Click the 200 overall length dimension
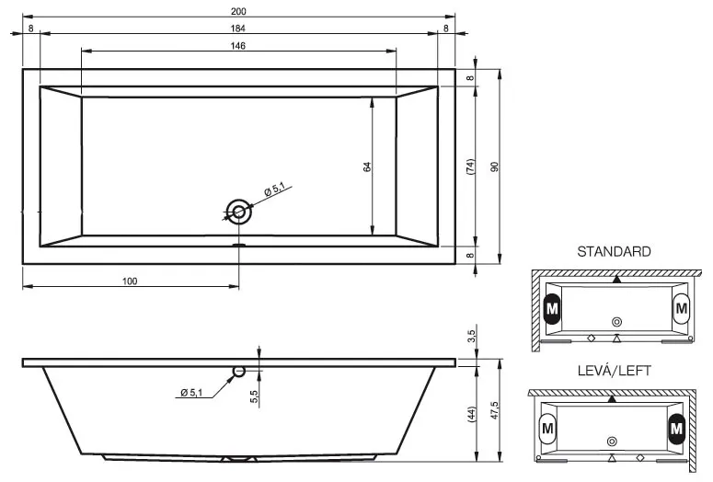tap(238, 11)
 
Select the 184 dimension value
tap(237, 29)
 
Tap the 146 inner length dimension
tap(237, 45)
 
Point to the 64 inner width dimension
tap(367, 166)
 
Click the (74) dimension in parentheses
tap(471, 166)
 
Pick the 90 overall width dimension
tap(495, 166)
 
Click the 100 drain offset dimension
tap(130, 281)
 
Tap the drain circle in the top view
tap(238, 212)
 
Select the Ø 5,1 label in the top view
tap(275, 189)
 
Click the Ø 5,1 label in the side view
tap(191, 392)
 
